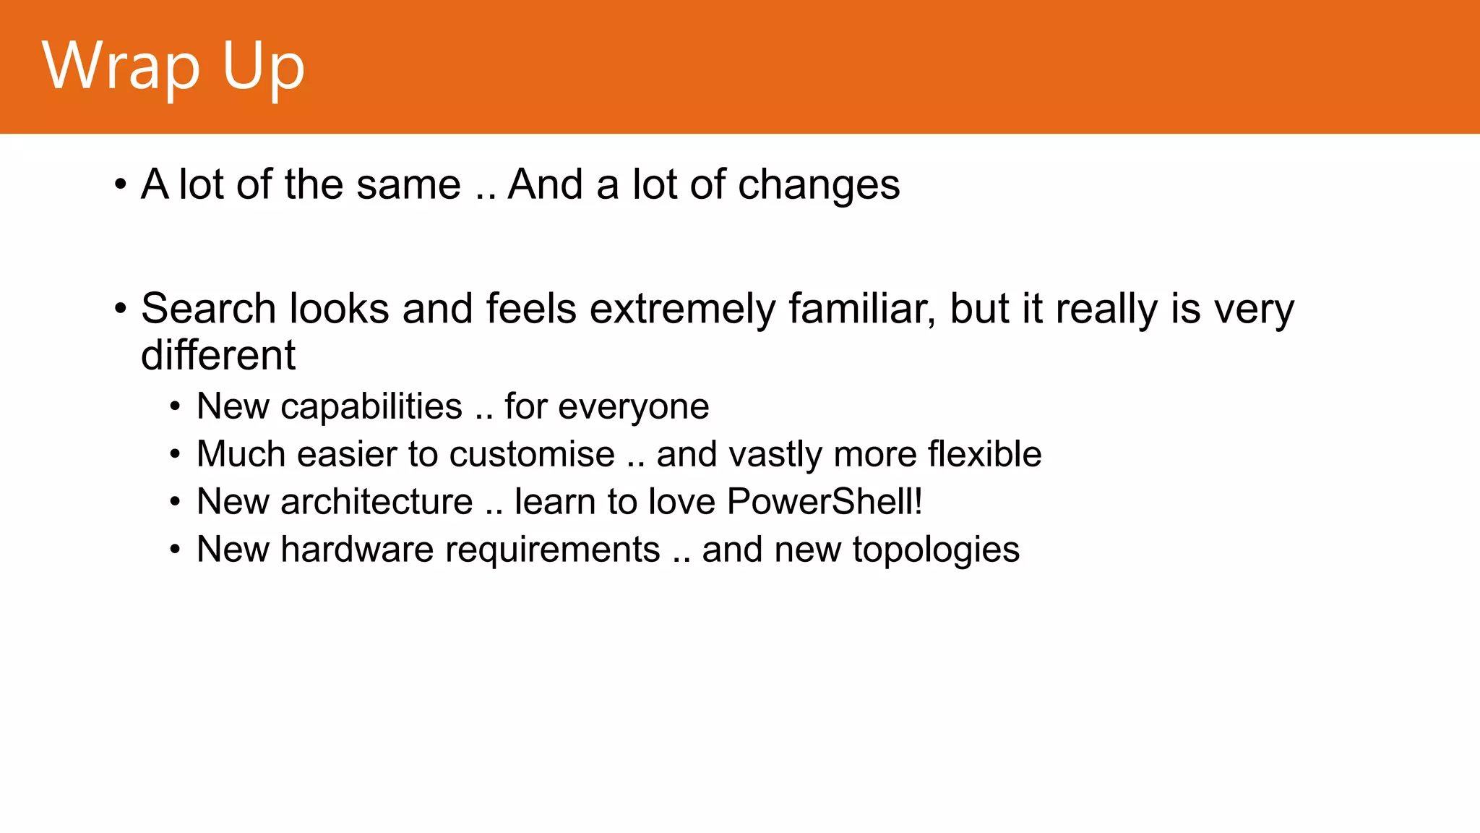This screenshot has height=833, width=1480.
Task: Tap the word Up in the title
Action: coord(263,67)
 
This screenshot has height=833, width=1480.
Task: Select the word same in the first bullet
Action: coord(408,185)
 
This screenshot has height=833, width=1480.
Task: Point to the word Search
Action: coord(208,309)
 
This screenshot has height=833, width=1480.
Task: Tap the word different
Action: coord(218,355)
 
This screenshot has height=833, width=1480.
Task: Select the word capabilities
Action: coord(371,407)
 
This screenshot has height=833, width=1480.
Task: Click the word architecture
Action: coord(377,502)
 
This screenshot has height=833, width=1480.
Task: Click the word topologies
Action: coord(936,550)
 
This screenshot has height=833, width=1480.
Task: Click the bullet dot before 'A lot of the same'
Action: coord(121,185)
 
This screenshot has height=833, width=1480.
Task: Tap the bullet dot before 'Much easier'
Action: coord(175,455)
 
